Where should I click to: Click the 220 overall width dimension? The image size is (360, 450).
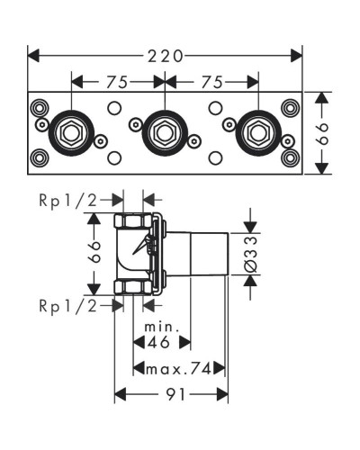tap(166, 55)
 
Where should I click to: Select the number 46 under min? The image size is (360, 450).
tap(161, 342)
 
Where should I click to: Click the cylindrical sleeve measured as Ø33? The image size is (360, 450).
tap(207, 254)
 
